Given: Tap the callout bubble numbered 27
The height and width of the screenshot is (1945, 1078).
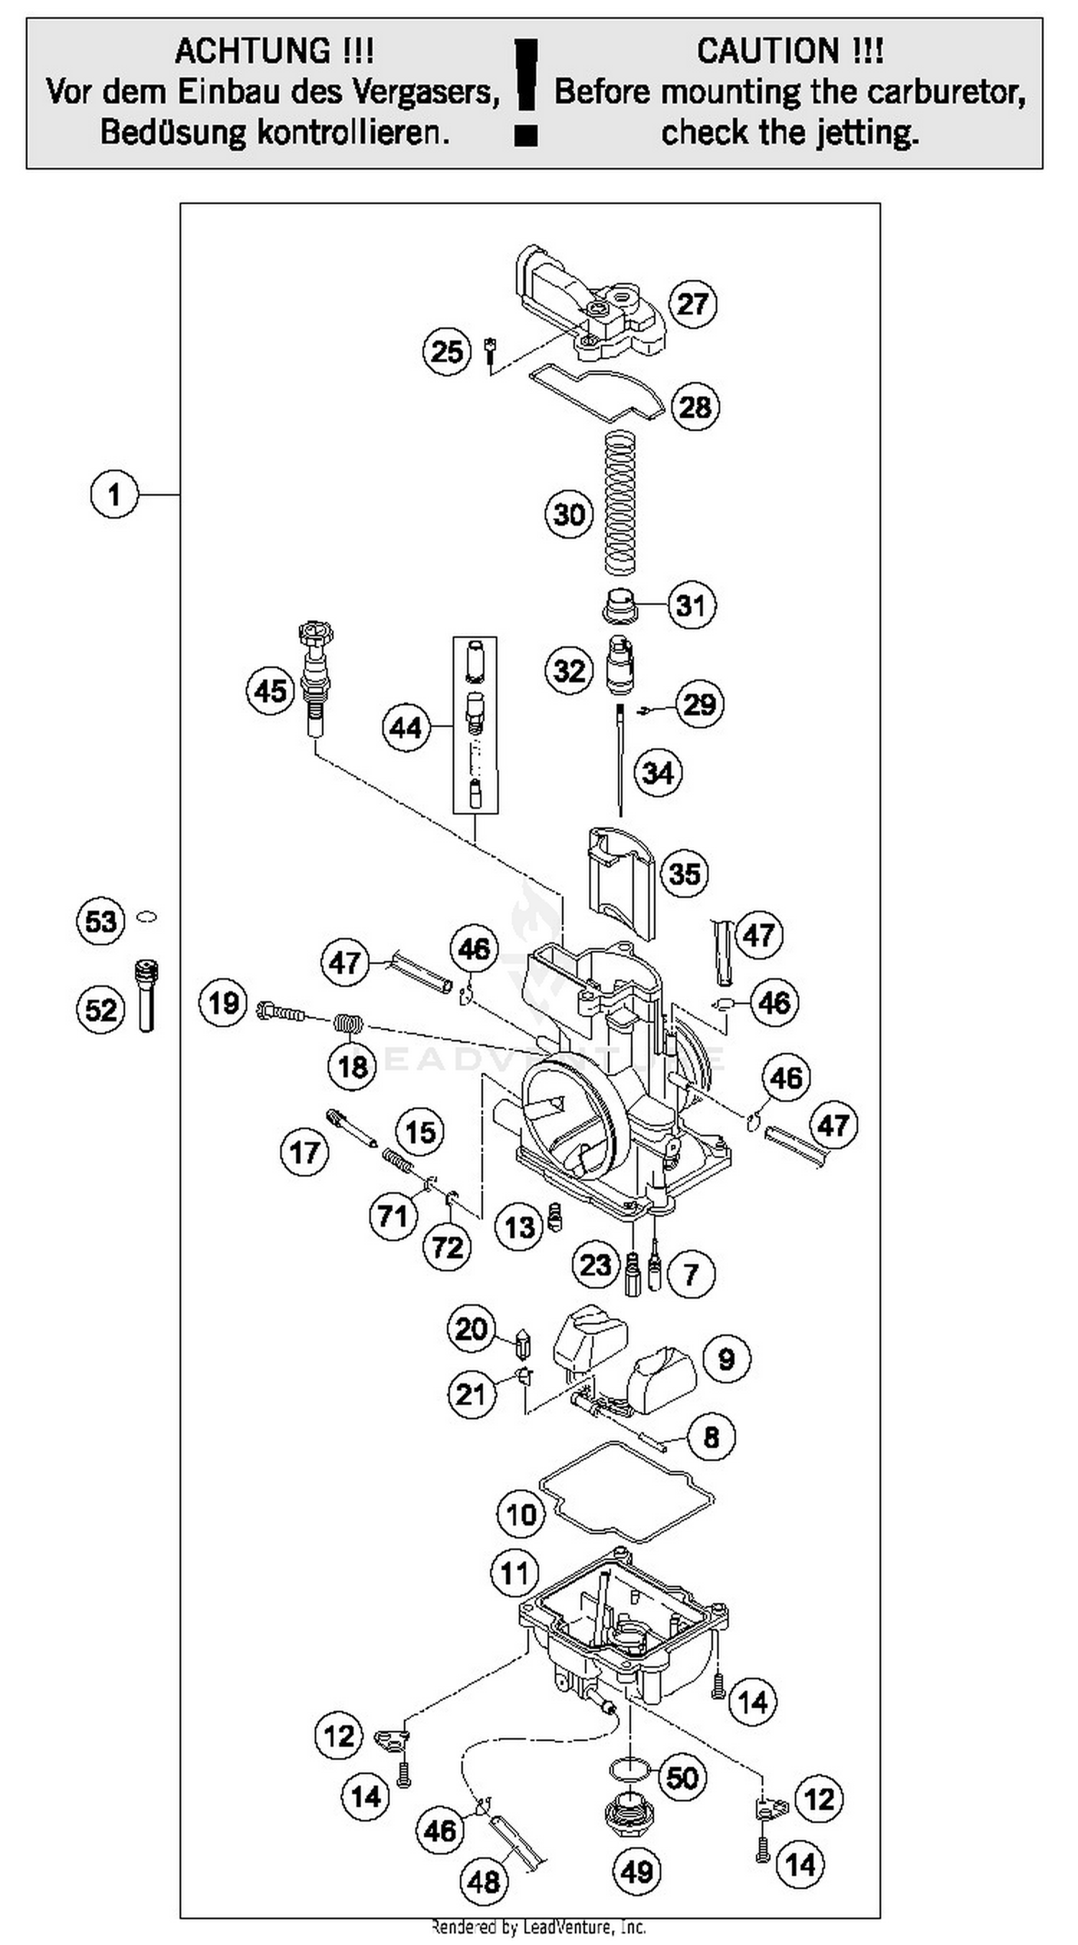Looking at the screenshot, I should point(693,304).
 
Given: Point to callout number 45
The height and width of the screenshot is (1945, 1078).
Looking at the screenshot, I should point(270,690).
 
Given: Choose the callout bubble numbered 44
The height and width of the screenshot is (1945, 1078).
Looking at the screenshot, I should point(405,728).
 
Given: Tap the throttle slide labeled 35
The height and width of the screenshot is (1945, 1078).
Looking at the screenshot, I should point(621,880).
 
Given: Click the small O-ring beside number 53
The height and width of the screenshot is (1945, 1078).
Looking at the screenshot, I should point(147,917).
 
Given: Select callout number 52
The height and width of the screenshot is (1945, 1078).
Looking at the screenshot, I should point(101,1010).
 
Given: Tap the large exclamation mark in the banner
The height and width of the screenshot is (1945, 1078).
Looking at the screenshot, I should point(526,90).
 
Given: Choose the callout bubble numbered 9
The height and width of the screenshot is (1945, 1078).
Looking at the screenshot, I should point(726,1359).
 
